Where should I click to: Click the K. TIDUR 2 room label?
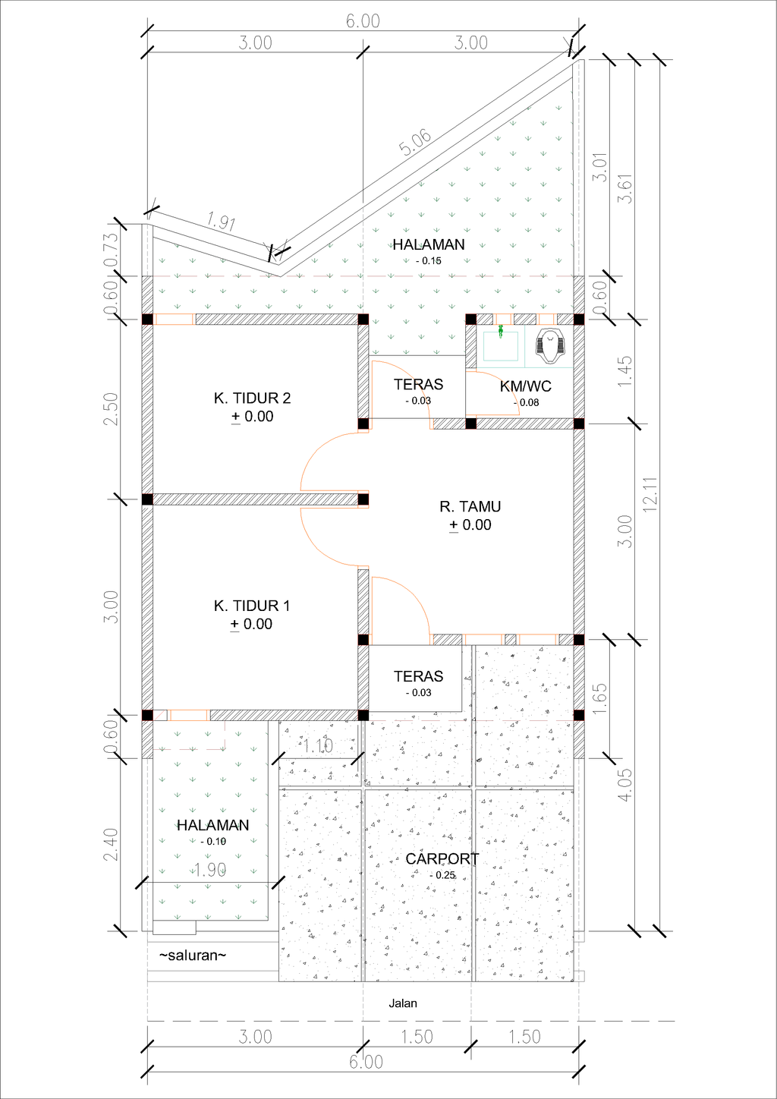click(x=252, y=398)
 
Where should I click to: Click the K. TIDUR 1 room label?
click(x=252, y=606)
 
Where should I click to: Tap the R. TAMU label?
click(x=470, y=506)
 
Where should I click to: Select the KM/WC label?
click(x=525, y=386)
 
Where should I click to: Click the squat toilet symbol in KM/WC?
click(x=550, y=345)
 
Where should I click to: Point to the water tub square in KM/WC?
click(x=501, y=346)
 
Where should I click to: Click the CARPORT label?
click(x=442, y=858)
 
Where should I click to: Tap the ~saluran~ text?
click(x=192, y=956)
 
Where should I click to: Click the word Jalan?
click(x=403, y=1003)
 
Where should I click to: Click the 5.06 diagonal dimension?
click(x=416, y=143)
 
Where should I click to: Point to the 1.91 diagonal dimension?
click(x=221, y=222)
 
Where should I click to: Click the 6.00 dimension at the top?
click(x=363, y=21)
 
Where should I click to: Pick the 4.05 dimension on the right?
click(x=624, y=785)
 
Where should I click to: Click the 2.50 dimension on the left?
click(x=111, y=408)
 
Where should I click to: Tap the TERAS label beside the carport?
click(x=418, y=676)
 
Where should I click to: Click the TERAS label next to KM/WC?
click(x=418, y=384)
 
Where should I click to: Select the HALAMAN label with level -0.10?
click(x=212, y=825)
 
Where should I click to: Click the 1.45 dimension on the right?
click(x=624, y=371)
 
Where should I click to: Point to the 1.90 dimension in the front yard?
click(x=210, y=870)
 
